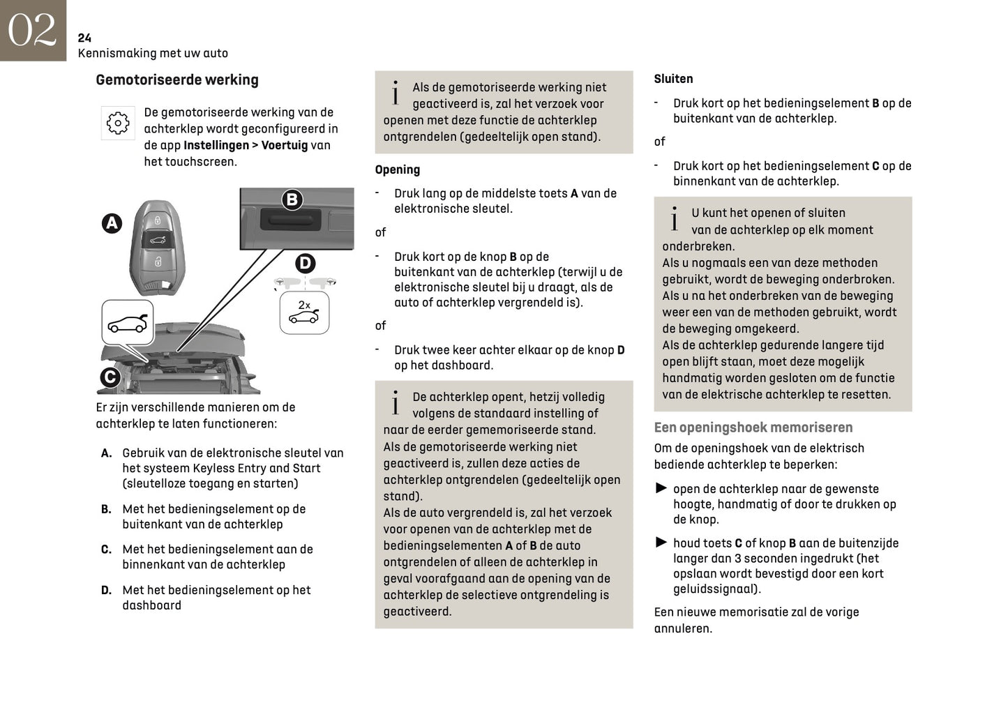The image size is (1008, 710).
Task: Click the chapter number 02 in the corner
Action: point(32,30)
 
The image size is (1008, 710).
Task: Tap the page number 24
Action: point(84,38)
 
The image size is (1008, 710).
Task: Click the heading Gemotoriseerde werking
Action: point(176,80)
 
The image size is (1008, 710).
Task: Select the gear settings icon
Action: point(118,123)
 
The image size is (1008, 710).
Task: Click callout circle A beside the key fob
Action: point(112,223)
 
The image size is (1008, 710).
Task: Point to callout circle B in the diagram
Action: point(292,199)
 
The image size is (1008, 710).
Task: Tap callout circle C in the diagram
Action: point(110,377)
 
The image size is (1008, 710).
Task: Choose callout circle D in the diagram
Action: point(305,263)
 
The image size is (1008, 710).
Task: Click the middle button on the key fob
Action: point(158,241)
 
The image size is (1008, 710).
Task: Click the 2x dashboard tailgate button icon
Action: point(304,312)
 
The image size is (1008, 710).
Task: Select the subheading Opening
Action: point(397,169)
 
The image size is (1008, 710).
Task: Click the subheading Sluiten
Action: point(673,79)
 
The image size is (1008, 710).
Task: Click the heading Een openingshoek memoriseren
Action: point(753,428)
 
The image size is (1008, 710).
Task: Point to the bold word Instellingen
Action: point(216,145)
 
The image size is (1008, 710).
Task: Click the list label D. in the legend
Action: point(106,590)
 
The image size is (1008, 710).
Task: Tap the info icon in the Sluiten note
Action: point(674,219)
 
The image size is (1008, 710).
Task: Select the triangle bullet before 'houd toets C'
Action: point(661,542)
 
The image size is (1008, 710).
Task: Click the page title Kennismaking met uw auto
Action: point(153,53)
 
